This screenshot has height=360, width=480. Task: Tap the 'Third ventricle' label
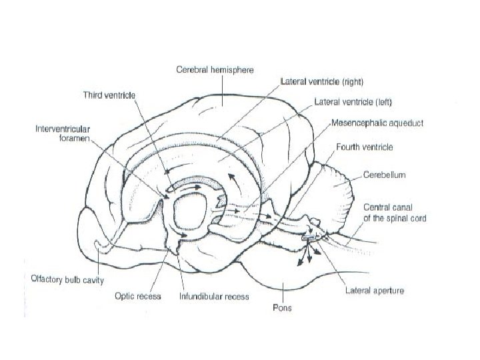pos(109,95)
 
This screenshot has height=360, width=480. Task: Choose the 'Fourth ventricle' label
pos(365,147)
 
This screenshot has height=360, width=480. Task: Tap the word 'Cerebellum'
pos(384,175)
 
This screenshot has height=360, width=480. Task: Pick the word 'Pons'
pos(281,308)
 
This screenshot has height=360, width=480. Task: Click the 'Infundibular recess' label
pos(213,296)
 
